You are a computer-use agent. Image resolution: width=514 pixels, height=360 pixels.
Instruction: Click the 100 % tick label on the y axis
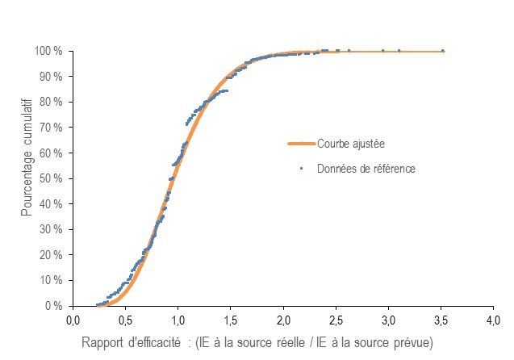[48, 51]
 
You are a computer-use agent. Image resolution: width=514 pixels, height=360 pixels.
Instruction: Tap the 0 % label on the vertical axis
[53, 306]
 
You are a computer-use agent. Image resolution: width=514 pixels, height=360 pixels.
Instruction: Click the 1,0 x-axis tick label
[178, 320]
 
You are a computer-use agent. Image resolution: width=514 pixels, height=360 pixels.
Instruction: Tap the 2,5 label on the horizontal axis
[336, 320]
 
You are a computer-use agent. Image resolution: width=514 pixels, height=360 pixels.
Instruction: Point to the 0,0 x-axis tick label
[72, 320]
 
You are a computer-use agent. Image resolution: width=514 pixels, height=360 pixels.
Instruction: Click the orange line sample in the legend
[300, 144]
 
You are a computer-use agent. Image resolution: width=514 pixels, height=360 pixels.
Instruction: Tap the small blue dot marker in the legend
[301, 169]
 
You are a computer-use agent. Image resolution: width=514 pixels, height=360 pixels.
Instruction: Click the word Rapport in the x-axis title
[101, 342]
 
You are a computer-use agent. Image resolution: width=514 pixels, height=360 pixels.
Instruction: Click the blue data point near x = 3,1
[399, 51]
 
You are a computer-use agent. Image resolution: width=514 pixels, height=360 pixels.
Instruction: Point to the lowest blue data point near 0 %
[98, 305]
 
